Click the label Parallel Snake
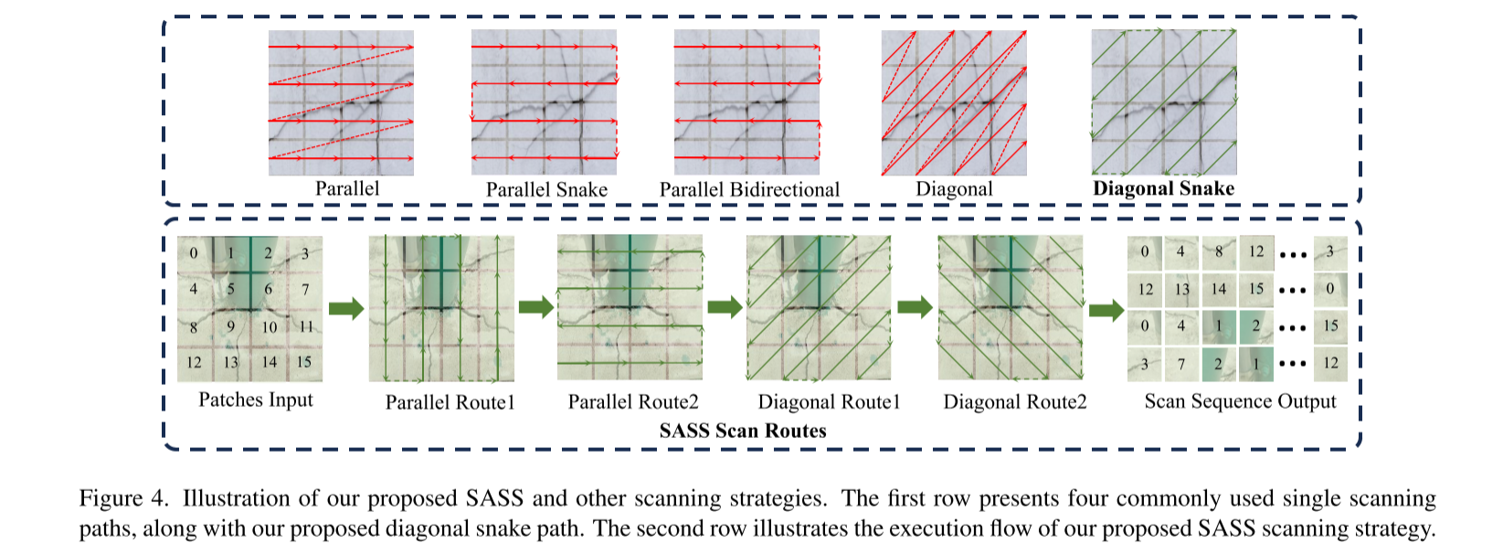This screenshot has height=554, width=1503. pos(546,189)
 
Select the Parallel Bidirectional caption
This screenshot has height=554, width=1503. pos(749,189)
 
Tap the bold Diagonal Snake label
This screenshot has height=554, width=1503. pos(1163,188)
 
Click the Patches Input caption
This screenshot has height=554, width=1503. pos(256,400)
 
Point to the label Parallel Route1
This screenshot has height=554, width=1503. pos(450,402)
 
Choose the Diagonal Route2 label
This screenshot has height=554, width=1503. pos(1014,402)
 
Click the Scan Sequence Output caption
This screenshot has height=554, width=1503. pos(1240,401)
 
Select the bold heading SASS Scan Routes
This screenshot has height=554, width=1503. pos(743,431)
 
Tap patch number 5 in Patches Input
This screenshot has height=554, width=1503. pos(231,289)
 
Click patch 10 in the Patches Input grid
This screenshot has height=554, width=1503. pos(269,326)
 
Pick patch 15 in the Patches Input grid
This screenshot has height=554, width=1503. pos(304,362)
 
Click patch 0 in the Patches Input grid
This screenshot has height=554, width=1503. pos(194,253)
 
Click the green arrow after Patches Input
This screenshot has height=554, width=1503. pos(345,308)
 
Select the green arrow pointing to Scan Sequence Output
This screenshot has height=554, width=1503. pos(1106,310)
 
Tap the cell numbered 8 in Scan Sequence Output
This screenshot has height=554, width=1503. pos(1219,251)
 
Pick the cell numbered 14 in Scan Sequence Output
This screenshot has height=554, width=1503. pos(1219,289)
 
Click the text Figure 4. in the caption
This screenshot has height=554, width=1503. pos(124,498)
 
